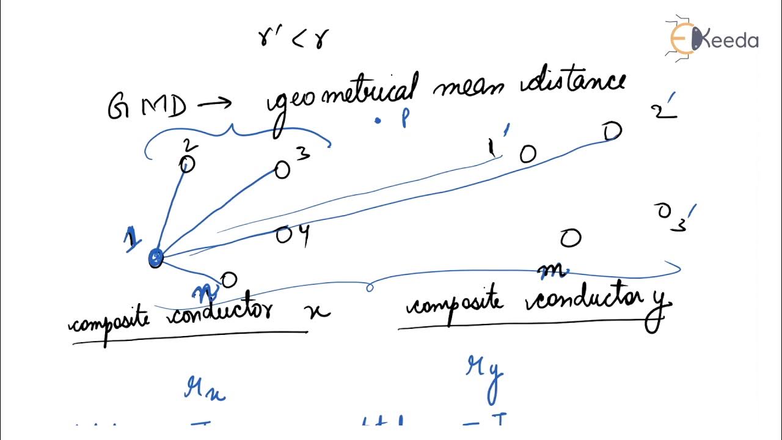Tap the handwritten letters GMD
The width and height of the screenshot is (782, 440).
pos(147,108)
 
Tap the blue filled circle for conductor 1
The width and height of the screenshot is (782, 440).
pos(156,258)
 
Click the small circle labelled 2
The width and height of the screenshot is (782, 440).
pos(187,164)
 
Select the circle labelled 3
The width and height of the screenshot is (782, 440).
pos(282,170)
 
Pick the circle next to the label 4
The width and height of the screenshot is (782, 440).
pos(284,235)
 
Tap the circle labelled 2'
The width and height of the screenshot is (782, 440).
pos(613,131)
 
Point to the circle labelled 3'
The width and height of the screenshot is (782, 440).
pos(664,211)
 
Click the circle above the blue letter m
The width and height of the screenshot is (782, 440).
pos(570,238)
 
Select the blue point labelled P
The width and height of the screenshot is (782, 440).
pos(378,121)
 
